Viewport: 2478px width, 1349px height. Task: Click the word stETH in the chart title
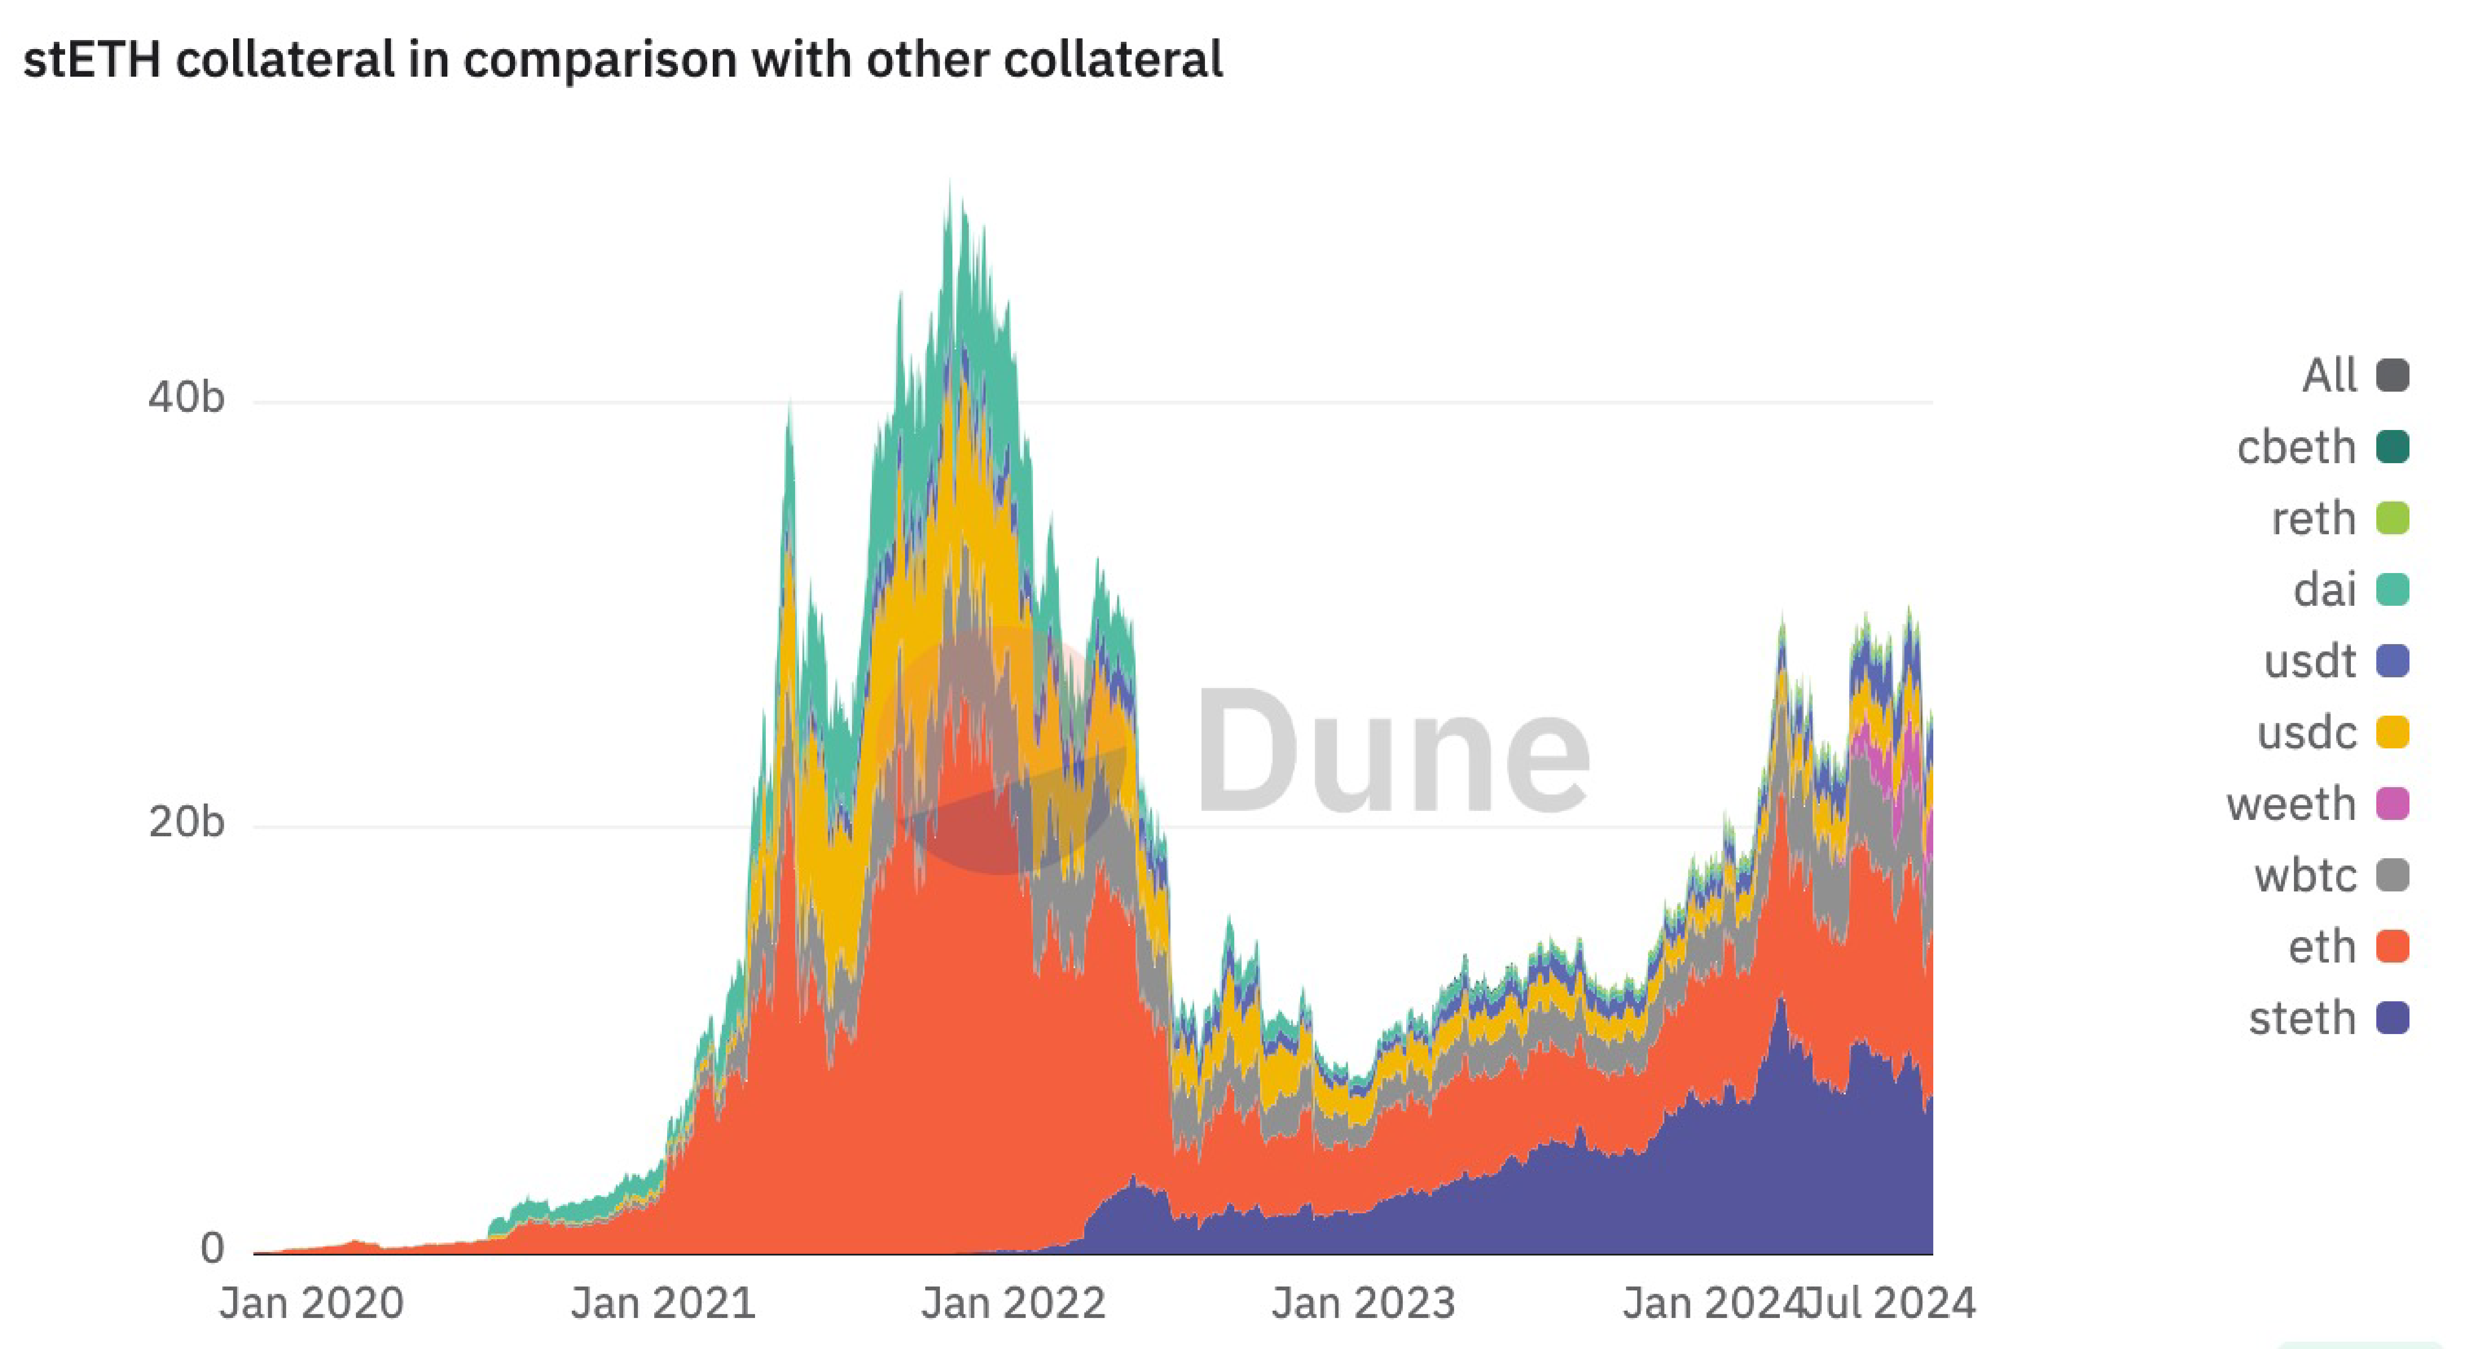click(x=91, y=59)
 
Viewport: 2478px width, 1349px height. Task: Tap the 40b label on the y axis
click(x=186, y=397)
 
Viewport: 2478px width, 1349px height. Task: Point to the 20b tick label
click(x=186, y=822)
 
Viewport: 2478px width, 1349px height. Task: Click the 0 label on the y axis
click(x=212, y=1248)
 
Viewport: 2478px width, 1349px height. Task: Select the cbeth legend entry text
click(x=2295, y=447)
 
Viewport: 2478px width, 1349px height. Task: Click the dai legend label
click(x=2324, y=589)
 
